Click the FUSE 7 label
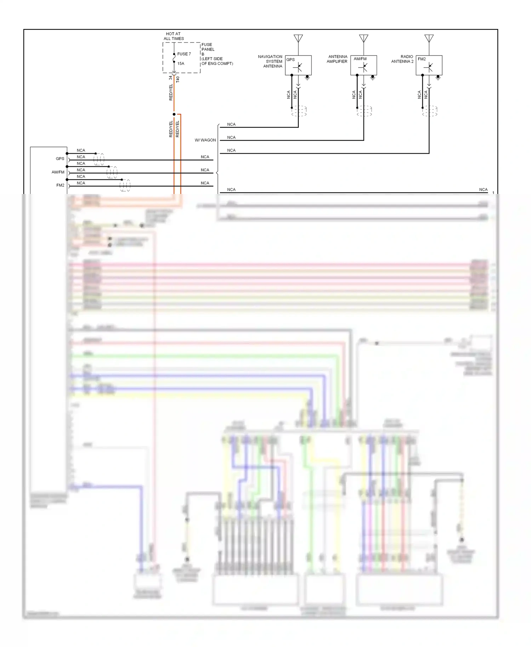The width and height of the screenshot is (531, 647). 184,54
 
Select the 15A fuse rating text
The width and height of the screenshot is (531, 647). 181,64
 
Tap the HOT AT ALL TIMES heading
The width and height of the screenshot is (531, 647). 173,36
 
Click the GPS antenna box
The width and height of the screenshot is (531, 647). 298,65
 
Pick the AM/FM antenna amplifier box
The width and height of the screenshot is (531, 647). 364,65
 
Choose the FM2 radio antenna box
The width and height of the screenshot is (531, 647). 429,65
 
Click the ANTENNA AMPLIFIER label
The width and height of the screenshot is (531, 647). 337,59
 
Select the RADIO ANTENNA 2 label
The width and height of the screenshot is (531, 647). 402,59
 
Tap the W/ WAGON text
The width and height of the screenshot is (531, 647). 205,140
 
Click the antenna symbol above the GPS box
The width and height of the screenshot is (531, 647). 298,38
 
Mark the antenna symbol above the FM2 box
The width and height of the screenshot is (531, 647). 429,38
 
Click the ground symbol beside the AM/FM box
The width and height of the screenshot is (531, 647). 372,78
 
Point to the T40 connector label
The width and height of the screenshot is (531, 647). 178,79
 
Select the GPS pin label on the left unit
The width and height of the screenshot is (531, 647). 60,159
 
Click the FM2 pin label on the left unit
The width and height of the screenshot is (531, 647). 60,185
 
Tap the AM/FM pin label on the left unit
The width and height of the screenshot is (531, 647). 58,172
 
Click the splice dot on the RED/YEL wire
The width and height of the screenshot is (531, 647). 174,114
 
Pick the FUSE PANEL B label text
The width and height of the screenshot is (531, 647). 208,49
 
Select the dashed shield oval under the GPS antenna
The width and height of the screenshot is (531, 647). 299,111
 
